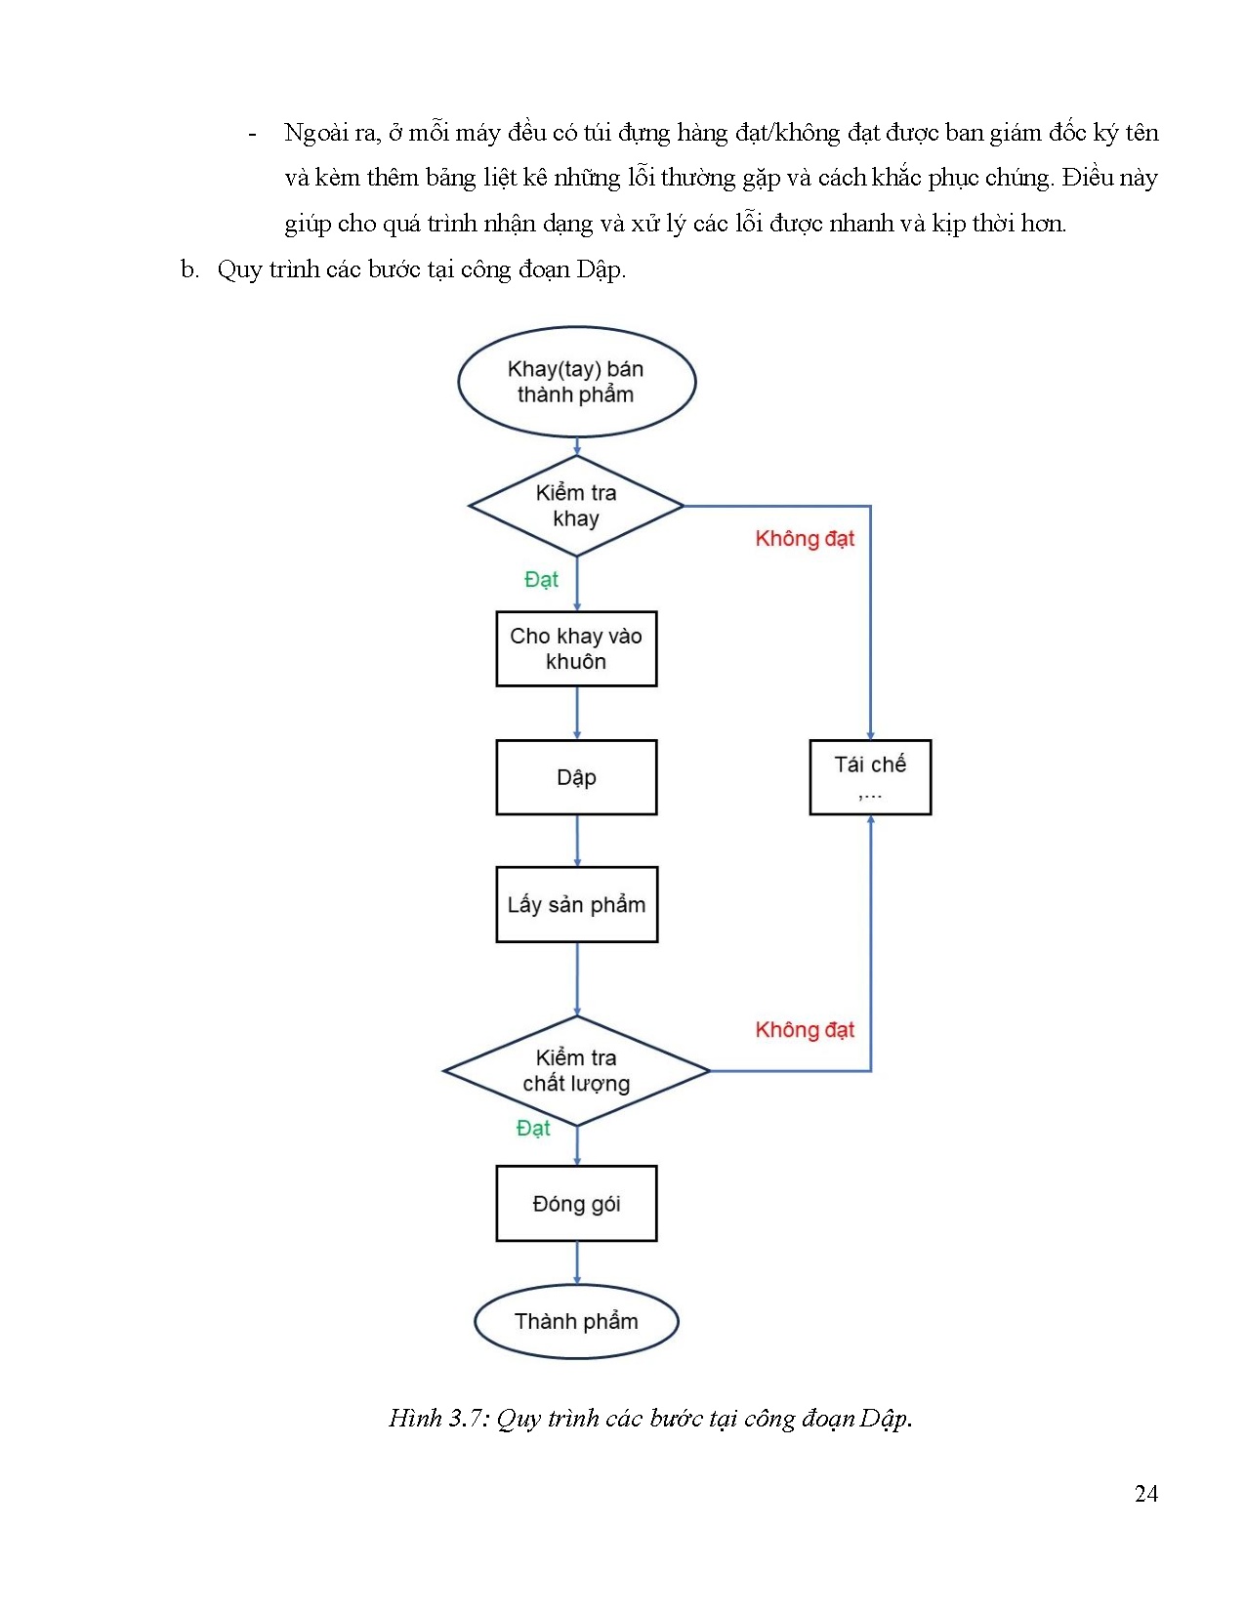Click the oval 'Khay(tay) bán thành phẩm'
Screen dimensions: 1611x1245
pyautogui.click(x=576, y=382)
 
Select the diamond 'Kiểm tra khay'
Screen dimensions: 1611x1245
pyautogui.click(x=576, y=506)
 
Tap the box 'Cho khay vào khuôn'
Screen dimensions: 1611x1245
pyautogui.click(x=576, y=648)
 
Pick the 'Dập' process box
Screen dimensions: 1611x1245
pyautogui.click(x=576, y=777)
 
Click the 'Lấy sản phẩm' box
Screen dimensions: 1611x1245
pyautogui.click(x=576, y=904)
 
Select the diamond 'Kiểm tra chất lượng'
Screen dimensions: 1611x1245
pyautogui.click(x=576, y=1071)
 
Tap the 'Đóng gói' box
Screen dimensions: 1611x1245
pyautogui.click(x=576, y=1203)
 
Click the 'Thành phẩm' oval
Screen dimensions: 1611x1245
pyautogui.click(x=576, y=1321)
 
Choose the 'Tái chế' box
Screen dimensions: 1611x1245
pyautogui.click(x=870, y=776)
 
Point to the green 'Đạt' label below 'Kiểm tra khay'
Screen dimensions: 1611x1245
pyautogui.click(x=541, y=580)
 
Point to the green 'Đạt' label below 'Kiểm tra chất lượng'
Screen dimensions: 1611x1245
pyautogui.click(x=533, y=1129)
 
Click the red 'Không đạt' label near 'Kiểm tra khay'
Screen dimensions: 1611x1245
pyautogui.click(x=805, y=539)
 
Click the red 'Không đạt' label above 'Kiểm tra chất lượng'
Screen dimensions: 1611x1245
pyautogui.click(x=805, y=1030)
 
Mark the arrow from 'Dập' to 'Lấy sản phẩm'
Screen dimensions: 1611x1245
pyautogui.click(x=577, y=841)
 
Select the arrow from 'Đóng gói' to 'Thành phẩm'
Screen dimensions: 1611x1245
pyautogui.click(x=577, y=1263)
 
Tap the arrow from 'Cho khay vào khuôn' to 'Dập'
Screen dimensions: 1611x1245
pyautogui.click(x=577, y=713)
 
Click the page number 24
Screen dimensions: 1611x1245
pyautogui.click(x=1146, y=1493)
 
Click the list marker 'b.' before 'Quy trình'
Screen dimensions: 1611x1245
pyautogui.click(x=189, y=269)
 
